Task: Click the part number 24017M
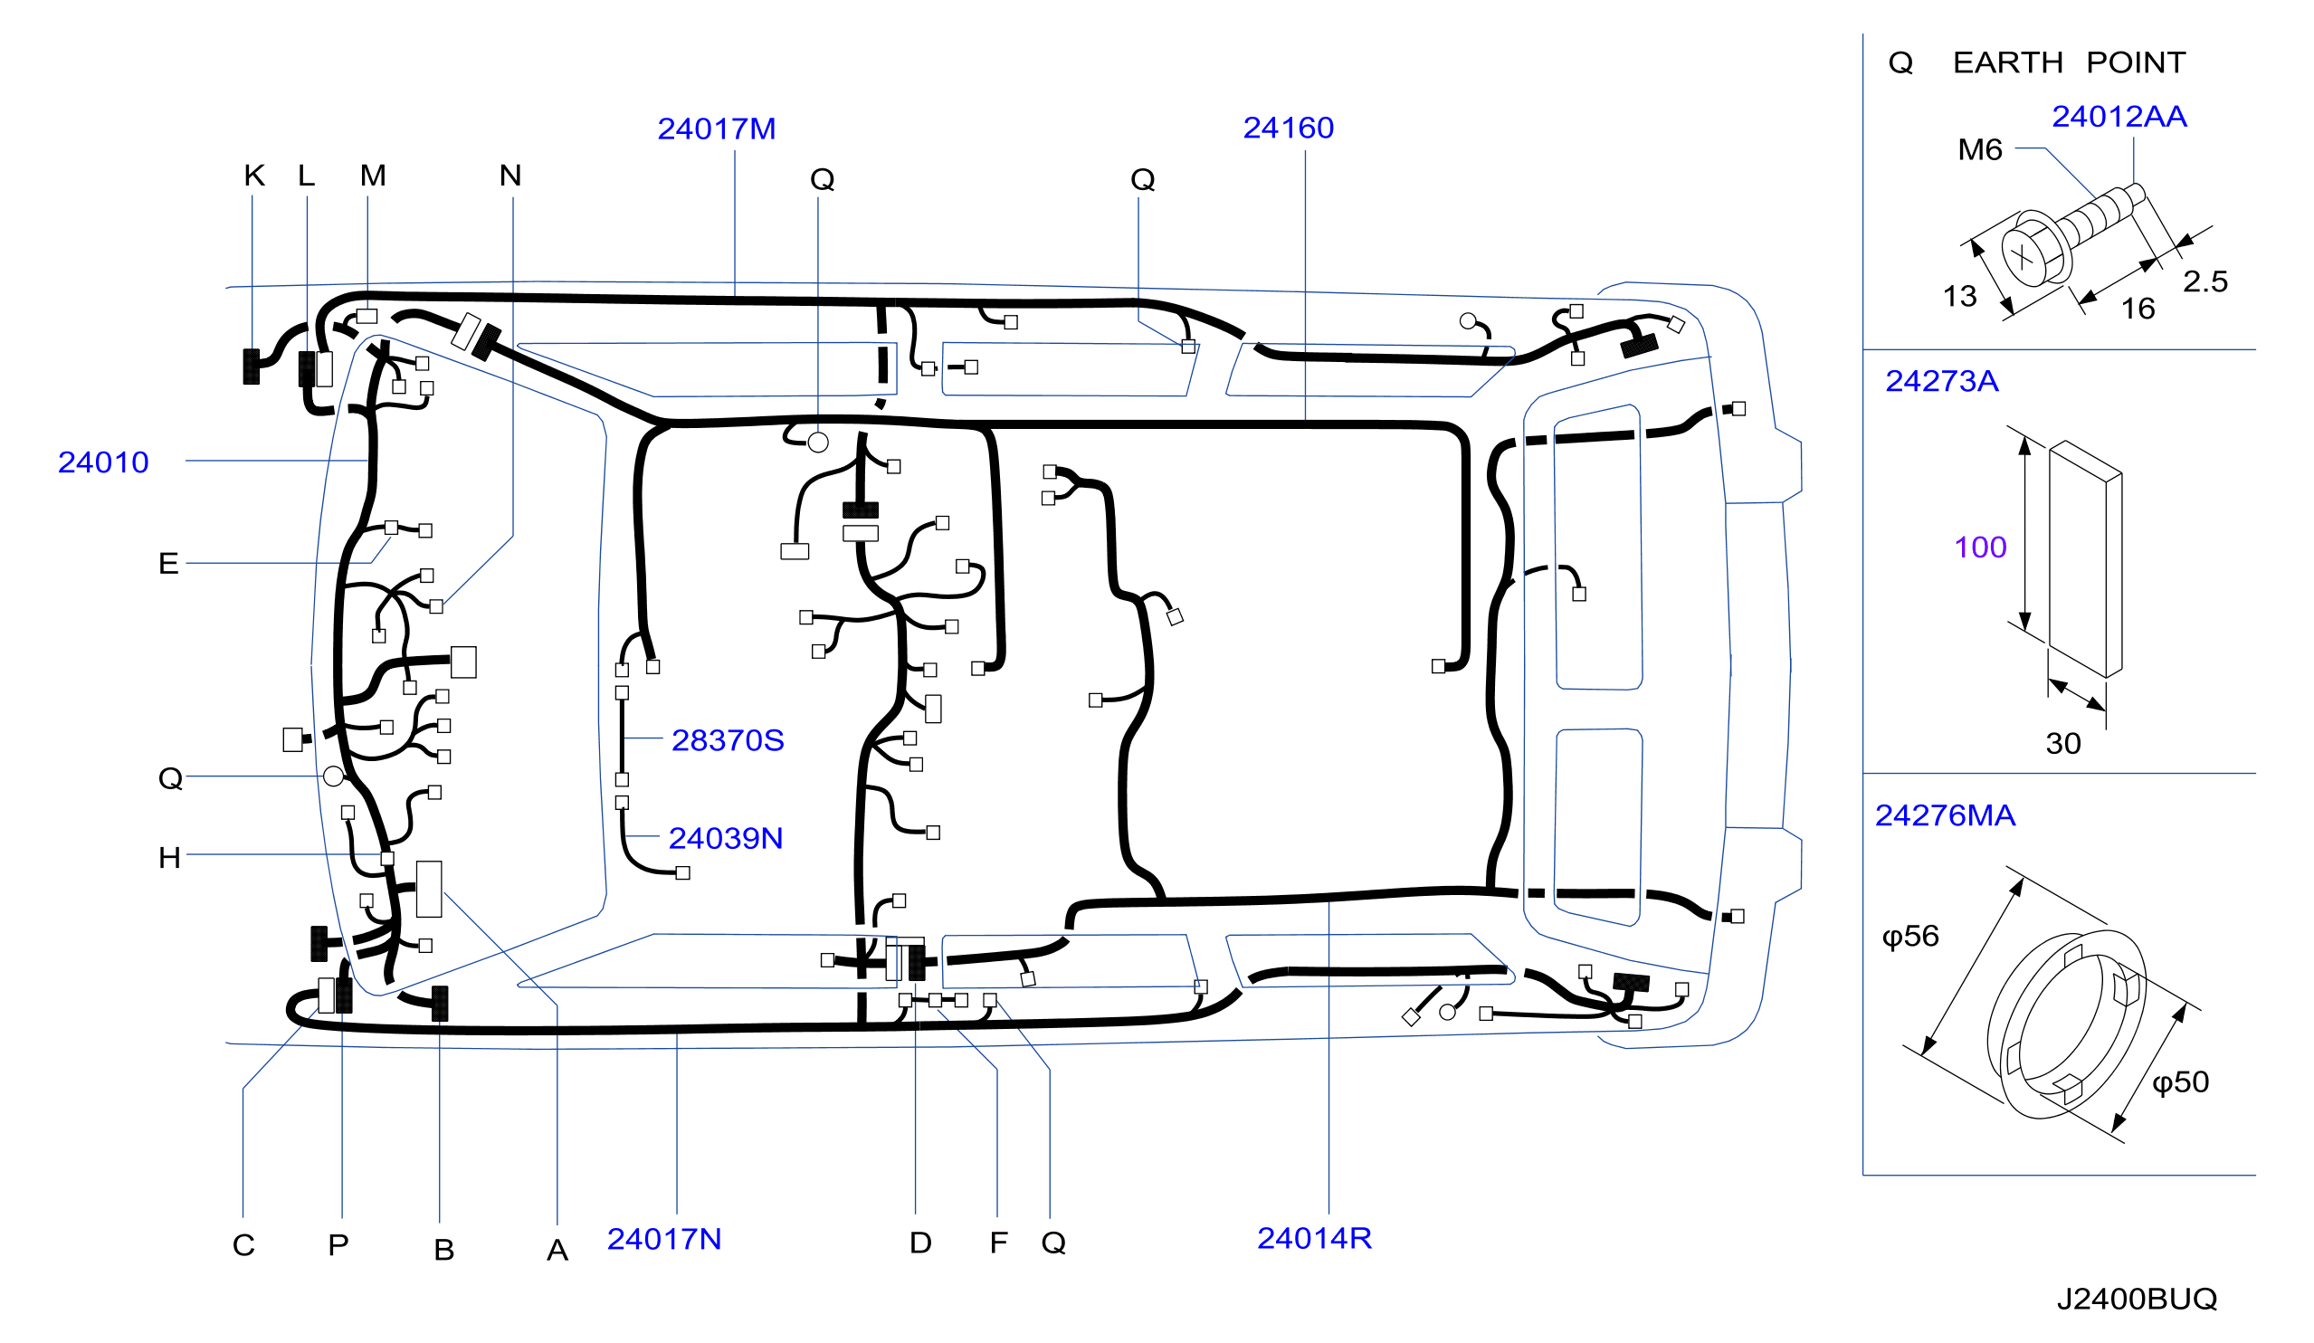click(716, 129)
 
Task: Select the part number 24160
click(1289, 129)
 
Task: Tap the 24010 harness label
click(104, 462)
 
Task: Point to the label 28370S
click(728, 741)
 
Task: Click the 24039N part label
click(726, 839)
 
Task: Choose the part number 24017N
click(664, 1240)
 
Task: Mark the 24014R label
click(1314, 1239)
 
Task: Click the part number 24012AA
click(2119, 118)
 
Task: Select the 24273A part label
click(1941, 382)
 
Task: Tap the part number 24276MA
click(1945, 816)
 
